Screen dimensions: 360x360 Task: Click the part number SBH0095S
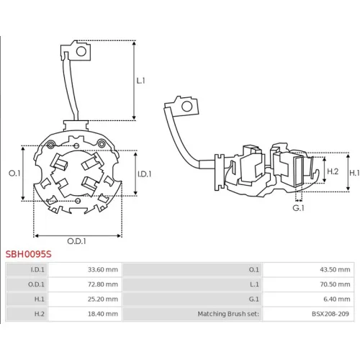pyautogui.click(x=29, y=254)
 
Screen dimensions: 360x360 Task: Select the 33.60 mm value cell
pyautogui.click(x=103, y=269)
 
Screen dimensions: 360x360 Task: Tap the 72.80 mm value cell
pyautogui.click(x=103, y=284)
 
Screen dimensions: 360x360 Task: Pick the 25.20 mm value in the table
pyautogui.click(x=103, y=299)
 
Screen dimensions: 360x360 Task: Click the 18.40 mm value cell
pyautogui.click(x=103, y=314)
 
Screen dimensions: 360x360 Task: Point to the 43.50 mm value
pyautogui.click(x=335, y=269)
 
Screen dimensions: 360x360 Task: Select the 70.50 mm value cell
pyautogui.click(x=335, y=284)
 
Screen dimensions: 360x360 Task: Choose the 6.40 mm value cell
pyautogui.click(x=337, y=299)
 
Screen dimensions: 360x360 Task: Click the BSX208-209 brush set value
pyautogui.click(x=330, y=314)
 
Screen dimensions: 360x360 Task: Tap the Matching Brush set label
pyautogui.click(x=228, y=314)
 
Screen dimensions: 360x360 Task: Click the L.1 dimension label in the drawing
pyautogui.click(x=141, y=81)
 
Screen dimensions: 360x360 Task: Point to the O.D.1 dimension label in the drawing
pyautogui.click(x=76, y=241)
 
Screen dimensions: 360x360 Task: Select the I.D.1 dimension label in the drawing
pyautogui.click(x=145, y=174)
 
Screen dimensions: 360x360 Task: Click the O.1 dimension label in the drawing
pyautogui.click(x=14, y=173)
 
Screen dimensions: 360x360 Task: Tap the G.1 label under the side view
pyautogui.click(x=298, y=208)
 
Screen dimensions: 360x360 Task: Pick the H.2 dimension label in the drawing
pyautogui.click(x=333, y=171)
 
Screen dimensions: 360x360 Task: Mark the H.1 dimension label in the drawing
pyautogui.click(x=354, y=173)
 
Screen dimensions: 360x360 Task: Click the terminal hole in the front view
pyautogui.click(x=81, y=51)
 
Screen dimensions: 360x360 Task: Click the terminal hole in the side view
pyautogui.click(x=187, y=107)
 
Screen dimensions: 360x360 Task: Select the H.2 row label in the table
pyautogui.click(x=40, y=314)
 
